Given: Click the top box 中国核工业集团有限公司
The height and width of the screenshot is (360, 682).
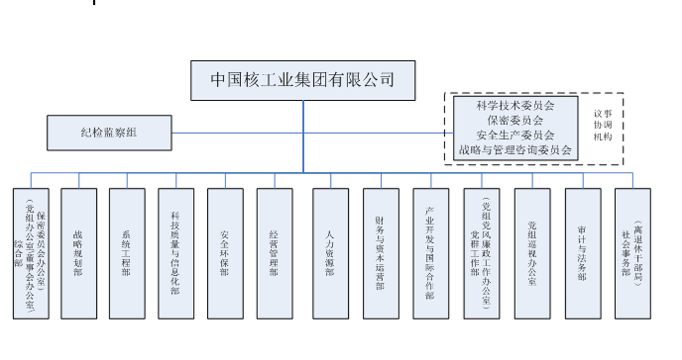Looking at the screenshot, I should tap(303, 80).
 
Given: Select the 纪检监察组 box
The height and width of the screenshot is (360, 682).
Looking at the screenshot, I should tap(109, 132).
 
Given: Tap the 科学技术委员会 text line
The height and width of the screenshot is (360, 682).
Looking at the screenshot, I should tap(515, 106).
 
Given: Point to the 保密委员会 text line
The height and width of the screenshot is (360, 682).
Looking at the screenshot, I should tap(515, 120).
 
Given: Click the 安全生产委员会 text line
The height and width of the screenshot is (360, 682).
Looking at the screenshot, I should tap(515, 135).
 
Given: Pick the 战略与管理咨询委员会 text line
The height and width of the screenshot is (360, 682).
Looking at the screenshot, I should tap(515, 150).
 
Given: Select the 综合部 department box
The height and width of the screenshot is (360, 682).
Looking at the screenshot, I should tap(31, 253).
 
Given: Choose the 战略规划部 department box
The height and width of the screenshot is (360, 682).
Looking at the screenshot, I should tap(79, 253).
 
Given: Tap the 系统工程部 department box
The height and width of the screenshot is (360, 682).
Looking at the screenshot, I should tap(127, 253).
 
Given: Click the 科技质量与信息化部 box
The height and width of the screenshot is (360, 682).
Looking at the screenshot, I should tap(176, 253).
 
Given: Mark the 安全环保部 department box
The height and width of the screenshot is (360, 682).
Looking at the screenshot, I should tap(226, 253).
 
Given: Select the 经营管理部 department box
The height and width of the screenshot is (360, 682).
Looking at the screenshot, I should tap(275, 253).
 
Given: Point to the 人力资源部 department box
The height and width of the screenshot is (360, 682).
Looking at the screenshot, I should tap(330, 253).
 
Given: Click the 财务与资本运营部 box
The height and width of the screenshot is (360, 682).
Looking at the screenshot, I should tap(381, 253).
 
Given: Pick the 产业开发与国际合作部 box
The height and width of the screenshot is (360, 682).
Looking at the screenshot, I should tap(431, 253).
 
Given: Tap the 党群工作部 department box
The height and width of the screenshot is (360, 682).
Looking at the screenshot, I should tap(481, 253).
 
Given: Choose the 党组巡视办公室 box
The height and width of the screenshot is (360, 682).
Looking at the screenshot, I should tap(532, 253).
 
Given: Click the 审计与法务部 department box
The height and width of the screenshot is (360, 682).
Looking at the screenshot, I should tap(583, 253).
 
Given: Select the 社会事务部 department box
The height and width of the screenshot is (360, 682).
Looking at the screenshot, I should tap(633, 253).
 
